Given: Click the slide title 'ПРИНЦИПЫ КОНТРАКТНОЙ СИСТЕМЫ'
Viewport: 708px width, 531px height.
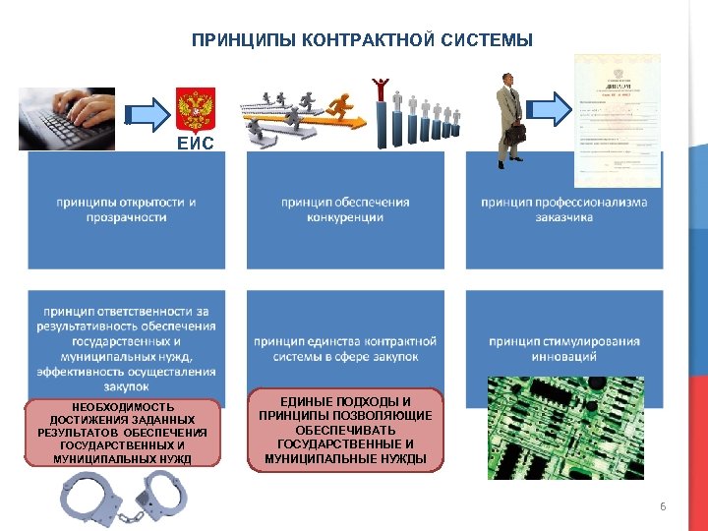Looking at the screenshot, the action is pyautogui.click(x=362, y=40).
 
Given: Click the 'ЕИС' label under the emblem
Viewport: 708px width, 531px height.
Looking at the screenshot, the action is pyautogui.click(x=194, y=143).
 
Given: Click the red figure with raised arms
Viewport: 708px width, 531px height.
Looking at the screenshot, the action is pyautogui.click(x=381, y=88).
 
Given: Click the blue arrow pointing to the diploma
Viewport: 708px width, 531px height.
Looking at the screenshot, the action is pyautogui.click(x=555, y=108).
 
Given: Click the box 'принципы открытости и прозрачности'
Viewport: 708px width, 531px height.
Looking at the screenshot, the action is pyautogui.click(x=126, y=209).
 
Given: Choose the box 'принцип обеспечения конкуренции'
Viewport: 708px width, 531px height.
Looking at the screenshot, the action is pyautogui.click(x=345, y=209).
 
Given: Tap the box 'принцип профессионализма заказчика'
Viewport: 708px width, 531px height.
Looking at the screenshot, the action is pyautogui.click(x=564, y=209).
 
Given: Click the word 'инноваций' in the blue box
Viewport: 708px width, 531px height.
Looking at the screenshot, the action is pyautogui.click(x=564, y=356).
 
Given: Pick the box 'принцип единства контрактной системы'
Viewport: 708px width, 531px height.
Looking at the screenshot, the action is pyautogui.click(x=345, y=348).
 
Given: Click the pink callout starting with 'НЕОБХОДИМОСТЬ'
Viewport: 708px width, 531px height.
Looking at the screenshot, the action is pyautogui.click(x=124, y=433).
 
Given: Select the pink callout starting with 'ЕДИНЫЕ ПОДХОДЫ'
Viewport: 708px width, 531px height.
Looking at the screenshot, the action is pyautogui.click(x=345, y=430).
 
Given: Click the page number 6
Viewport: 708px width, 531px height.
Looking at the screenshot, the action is pyautogui.click(x=663, y=506).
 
